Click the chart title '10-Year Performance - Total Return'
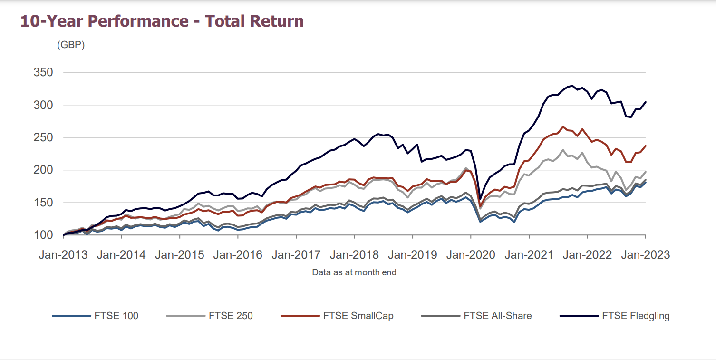(162, 21)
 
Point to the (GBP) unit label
(71, 46)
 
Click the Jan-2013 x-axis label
(63, 255)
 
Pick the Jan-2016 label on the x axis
(238, 255)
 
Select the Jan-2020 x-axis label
(471, 255)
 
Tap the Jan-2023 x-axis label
(645, 255)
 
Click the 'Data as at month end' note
(354, 272)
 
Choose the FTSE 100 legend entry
(116, 316)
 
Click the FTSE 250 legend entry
(230, 316)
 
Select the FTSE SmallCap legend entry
(358, 316)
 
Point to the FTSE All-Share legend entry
(498, 316)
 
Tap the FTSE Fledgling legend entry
(636, 316)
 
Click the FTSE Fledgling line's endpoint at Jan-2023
(645, 102)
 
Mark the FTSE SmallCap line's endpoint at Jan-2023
(645, 146)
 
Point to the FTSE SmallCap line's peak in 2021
(563, 127)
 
